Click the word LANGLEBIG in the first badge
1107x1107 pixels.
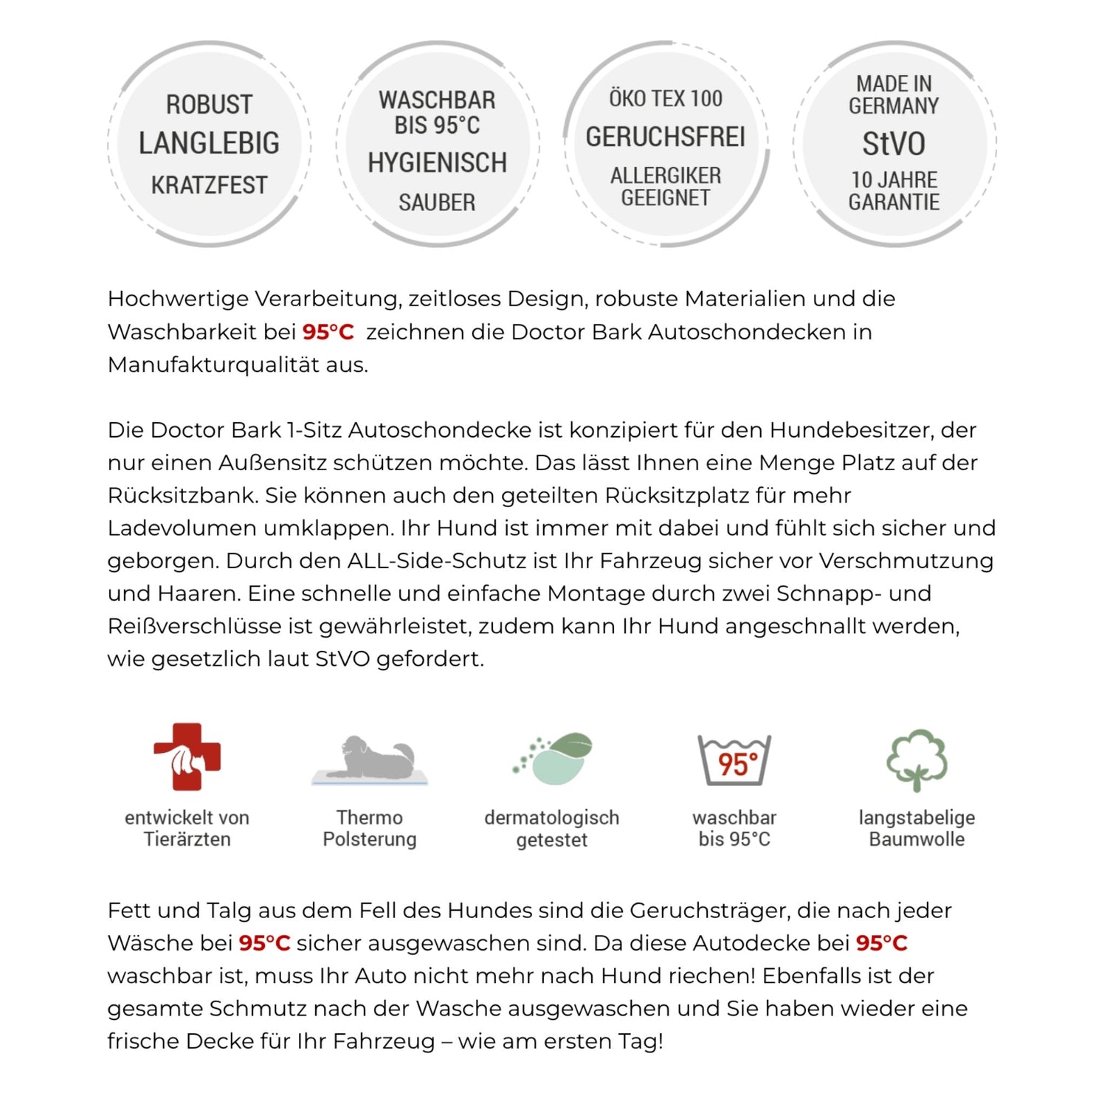pyautogui.click(x=209, y=143)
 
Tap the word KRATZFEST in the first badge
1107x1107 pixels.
pyautogui.click(x=209, y=185)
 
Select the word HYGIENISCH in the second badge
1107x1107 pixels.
pyautogui.click(x=437, y=163)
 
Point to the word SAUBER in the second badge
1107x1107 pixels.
pyautogui.click(x=437, y=203)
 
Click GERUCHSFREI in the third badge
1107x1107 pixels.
pyautogui.click(x=665, y=137)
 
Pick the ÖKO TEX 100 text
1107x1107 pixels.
pyautogui.click(x=665, y=99)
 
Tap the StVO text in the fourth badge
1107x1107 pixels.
pyautogui.click(x=894, y=144)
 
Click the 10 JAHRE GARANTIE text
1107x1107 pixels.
pyautogui.click(x=894, y=191)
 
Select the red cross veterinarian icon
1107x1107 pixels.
pyautogui.click(x=187, y=756)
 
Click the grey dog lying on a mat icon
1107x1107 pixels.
pyautogui.click(x=370, y=759)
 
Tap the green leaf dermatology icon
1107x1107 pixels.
pyautogui.click(x=553, y=759)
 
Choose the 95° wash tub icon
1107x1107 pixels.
pyautogui.click(x=734, y=760)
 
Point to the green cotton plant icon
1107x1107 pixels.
pyautogui.click(x=917, y=760)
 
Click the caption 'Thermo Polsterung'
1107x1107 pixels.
pyautogui.click(x=370, y=829)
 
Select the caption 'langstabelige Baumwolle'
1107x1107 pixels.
pyautogui.click(x=917, y=829)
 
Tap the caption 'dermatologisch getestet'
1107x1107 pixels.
pyautogui.click(x=552, y=829)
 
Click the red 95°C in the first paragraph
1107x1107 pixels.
pyautogui.click(x=328, y=332)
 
